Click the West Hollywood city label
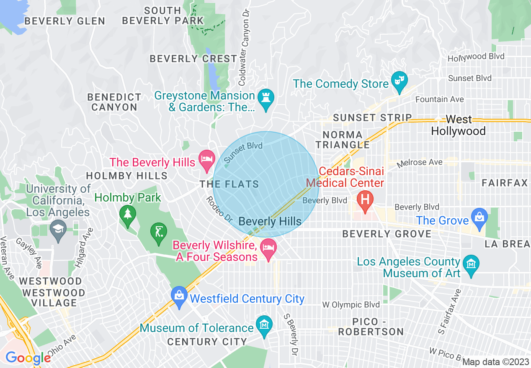[x=458, y=125]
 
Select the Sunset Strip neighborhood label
[x=373, y=118]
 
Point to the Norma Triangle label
[x=343, y=140]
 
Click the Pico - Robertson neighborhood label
[x=371, y=327]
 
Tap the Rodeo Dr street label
[x=219, y=209]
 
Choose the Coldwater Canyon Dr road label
[x=245, y=42]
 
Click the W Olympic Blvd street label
[x=351, y=305]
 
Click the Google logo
[x=28, y=358]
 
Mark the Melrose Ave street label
[x=420, y=162]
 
